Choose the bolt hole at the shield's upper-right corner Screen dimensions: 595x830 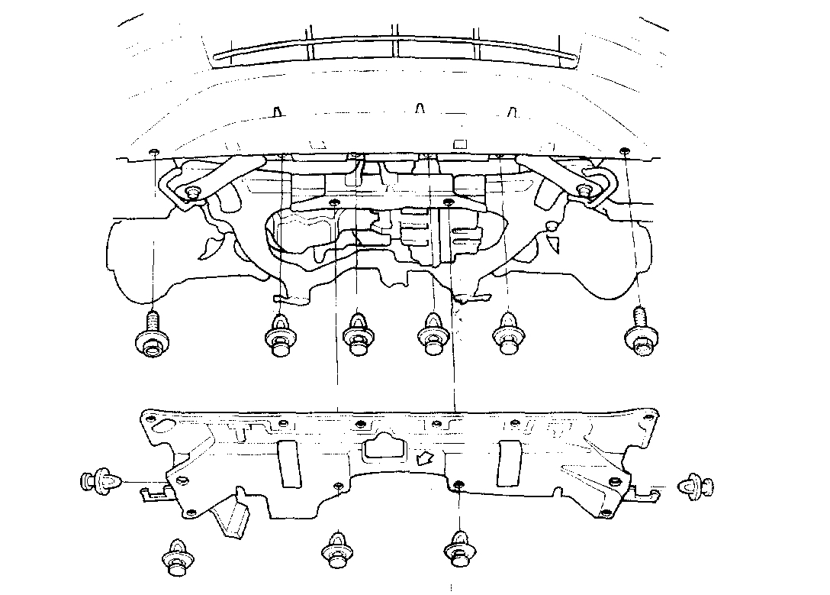pos(649,417)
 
